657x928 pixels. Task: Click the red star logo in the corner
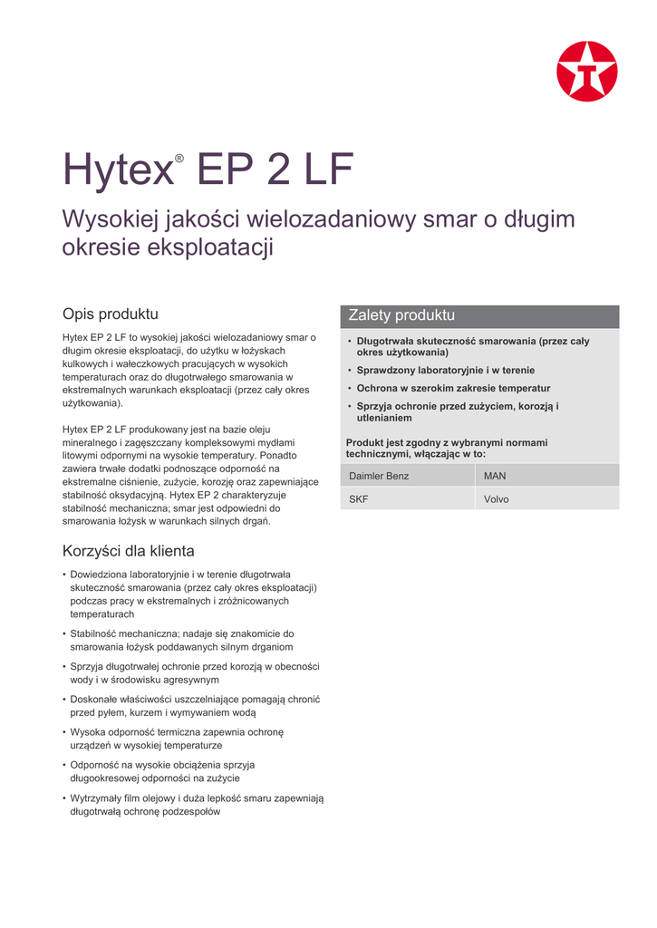586,72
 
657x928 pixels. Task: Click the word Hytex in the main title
117,170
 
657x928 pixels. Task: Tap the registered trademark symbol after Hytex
179,159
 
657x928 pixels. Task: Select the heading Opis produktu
110,314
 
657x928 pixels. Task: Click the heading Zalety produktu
401,315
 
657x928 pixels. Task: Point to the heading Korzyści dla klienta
128,551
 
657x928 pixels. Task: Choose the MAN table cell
495,476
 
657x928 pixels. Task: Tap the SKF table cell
359,499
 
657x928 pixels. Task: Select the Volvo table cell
497,499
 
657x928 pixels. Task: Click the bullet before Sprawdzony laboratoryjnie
350,371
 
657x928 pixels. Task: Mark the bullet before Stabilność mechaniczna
64,634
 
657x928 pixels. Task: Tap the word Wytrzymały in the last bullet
95,798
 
